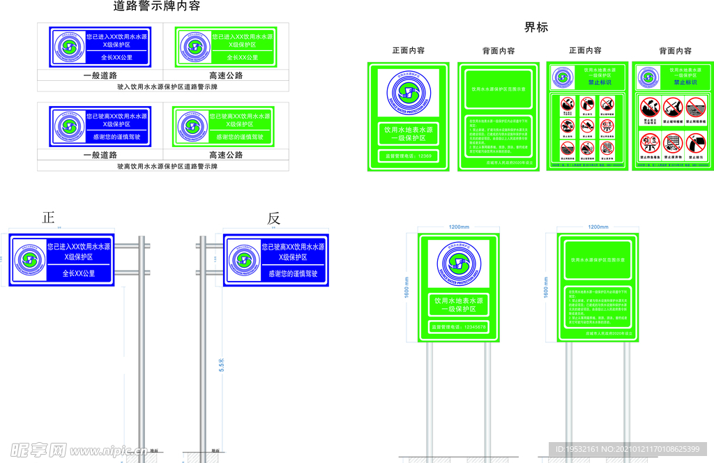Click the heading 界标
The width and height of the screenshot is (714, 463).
(536, 28)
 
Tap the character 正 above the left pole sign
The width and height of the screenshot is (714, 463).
(48, 218)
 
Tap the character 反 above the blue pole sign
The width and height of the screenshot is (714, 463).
(273, 218)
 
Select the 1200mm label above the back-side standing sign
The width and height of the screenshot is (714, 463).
(598, 227)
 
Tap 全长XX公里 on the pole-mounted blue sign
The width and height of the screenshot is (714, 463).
(78, 273)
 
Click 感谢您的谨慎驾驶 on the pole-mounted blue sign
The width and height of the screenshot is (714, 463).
(293, 274)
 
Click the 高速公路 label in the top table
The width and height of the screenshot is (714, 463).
(226, 75)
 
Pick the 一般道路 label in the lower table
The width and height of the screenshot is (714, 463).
(100, 155)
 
